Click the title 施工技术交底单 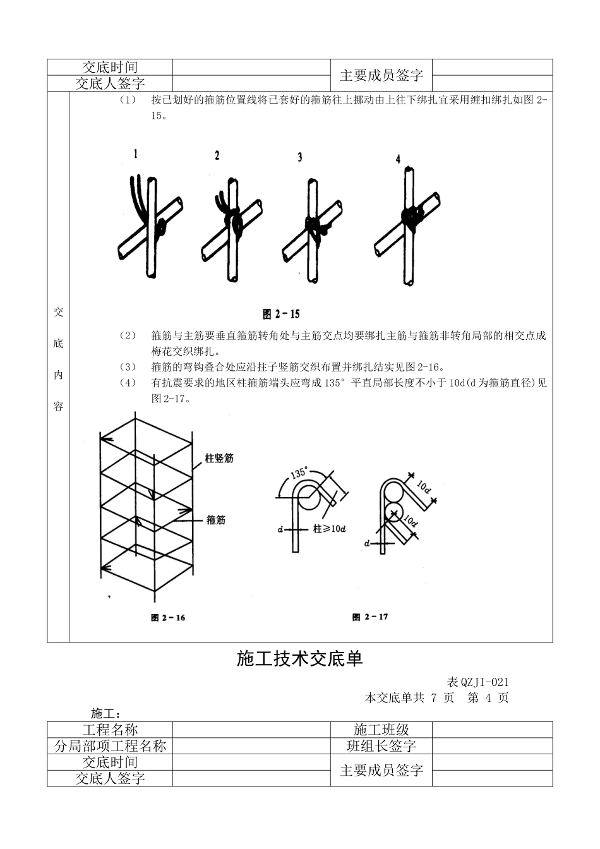[x=299, y=659]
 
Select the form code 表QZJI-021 [x=477, y=682]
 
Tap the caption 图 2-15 [x=281, y=314]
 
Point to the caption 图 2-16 [x=168, y=617]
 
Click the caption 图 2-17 [x=370, y=617]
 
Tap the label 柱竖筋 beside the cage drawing [x=219, y=458]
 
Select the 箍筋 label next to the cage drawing [x=215, y=520]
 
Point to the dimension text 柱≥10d [x=329, y=529]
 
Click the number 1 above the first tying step [x=135, y=154]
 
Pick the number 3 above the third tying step [x=300, y=157]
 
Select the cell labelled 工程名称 [x=110, y=730]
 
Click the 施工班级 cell [x=381, y=730]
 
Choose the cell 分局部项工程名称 [x=110, y=746]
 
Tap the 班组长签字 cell [x=381, y=746]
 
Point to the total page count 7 [x=434, y=698]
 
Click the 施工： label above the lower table [x=105, y=714]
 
